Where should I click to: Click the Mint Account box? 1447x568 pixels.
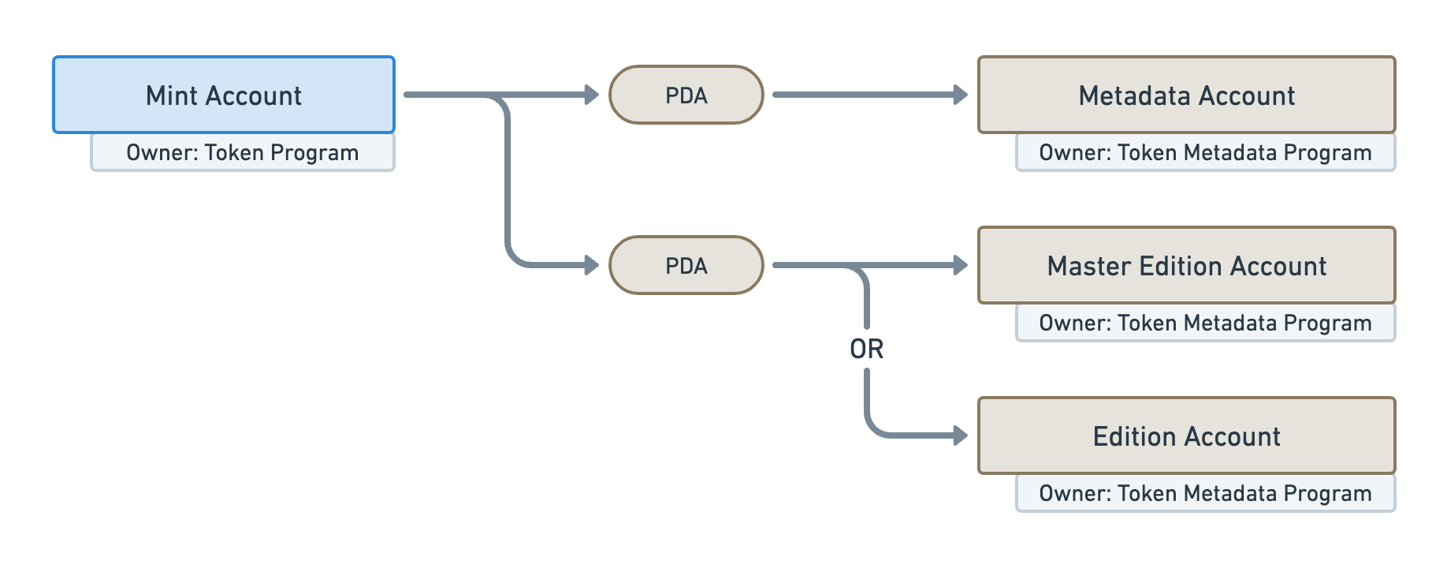point(224,95)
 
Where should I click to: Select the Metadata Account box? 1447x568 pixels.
point(1186,95)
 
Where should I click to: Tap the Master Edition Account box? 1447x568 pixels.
point(1186,265)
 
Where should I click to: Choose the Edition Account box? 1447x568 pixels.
point(1186,435)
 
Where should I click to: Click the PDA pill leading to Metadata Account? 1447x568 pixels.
point(686,95)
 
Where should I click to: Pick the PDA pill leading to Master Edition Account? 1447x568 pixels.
point(686,265)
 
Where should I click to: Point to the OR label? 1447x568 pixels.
point(867,349)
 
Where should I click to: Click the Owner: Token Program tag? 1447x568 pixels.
point(243,152)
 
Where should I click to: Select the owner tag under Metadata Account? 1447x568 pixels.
point(1206,152)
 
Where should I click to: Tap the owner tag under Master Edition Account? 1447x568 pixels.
point(1206,323)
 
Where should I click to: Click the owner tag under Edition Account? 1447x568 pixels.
point(1206,493)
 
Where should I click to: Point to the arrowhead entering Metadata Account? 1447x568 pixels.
point(961,95)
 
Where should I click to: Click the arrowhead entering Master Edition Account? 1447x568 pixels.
point(961,265)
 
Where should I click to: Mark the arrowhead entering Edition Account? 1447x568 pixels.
point(961,435)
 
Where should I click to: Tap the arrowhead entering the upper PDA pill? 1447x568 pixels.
point(592,95)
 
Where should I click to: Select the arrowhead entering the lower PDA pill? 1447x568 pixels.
point(592,265)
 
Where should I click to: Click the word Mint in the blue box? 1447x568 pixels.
point(172,95)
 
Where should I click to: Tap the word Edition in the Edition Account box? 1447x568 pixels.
point(1133,436)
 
